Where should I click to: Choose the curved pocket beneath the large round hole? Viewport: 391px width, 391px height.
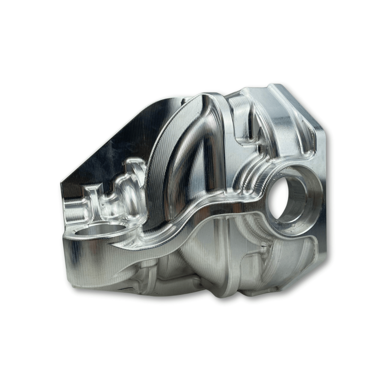pos(290,253)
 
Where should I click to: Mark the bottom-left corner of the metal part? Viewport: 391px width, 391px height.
pos(71,282)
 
